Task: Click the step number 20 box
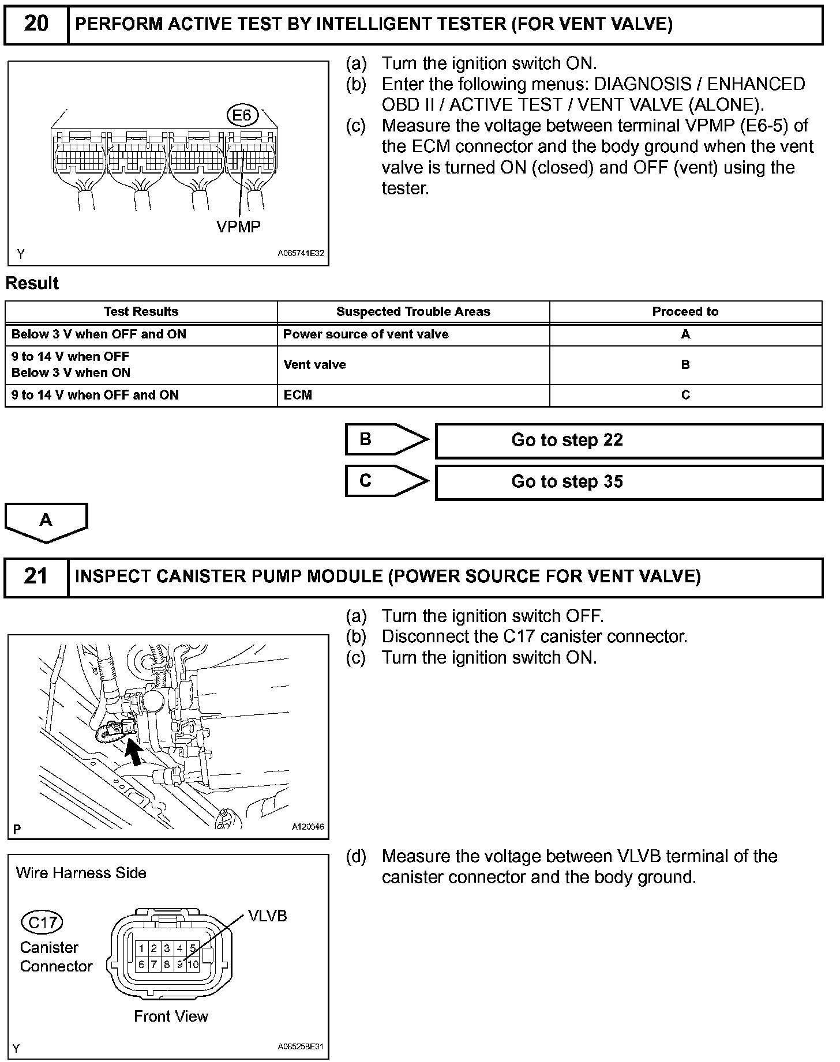(x=36, y=25)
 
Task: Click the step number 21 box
(x=36, y=577)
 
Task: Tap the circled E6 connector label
(x=242, y=116)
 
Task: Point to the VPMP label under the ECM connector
(x=238, y=227)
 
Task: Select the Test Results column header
(x=141, y=312)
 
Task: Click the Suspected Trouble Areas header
(x=413, y=312)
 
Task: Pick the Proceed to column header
(x=685, y=312)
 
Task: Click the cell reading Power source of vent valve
(x=366, y=334)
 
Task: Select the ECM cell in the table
(x=298, y=396)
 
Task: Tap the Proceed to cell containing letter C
(x=685, y=396)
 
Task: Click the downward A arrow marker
(x=46, y=522)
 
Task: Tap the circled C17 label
(x=42, y=922)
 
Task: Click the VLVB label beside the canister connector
(x=267, y=916)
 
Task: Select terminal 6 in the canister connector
(x=141, y=964)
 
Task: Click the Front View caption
(x=171, y=1016)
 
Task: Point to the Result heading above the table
(x=32, y=284)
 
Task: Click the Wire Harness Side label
(x=81, y=873)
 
